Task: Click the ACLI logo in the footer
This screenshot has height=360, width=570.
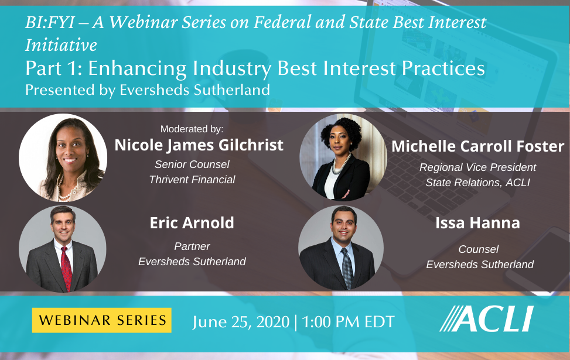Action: pos(486,319)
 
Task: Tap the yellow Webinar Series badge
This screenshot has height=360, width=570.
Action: pos(102,320)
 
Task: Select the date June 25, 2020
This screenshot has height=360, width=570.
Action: pos(241,321)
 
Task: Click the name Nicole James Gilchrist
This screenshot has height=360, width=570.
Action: pos(199,145)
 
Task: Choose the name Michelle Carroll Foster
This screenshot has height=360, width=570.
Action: pos(477,146)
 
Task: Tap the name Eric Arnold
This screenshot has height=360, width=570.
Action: pos(192,223)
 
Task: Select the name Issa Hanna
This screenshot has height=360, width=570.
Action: pos(477,223)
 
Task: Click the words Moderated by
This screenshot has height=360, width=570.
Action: pos(192,128)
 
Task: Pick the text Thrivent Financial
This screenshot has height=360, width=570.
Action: pos(192,180)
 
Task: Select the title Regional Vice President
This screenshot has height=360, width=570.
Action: pos(477,167)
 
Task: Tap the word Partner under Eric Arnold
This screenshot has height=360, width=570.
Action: pos(192,246)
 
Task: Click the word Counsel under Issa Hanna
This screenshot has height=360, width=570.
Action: pos(479,249)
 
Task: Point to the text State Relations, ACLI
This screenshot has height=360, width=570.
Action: pos(477,183)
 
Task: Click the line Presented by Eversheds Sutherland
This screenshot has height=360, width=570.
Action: pos(148,90)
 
